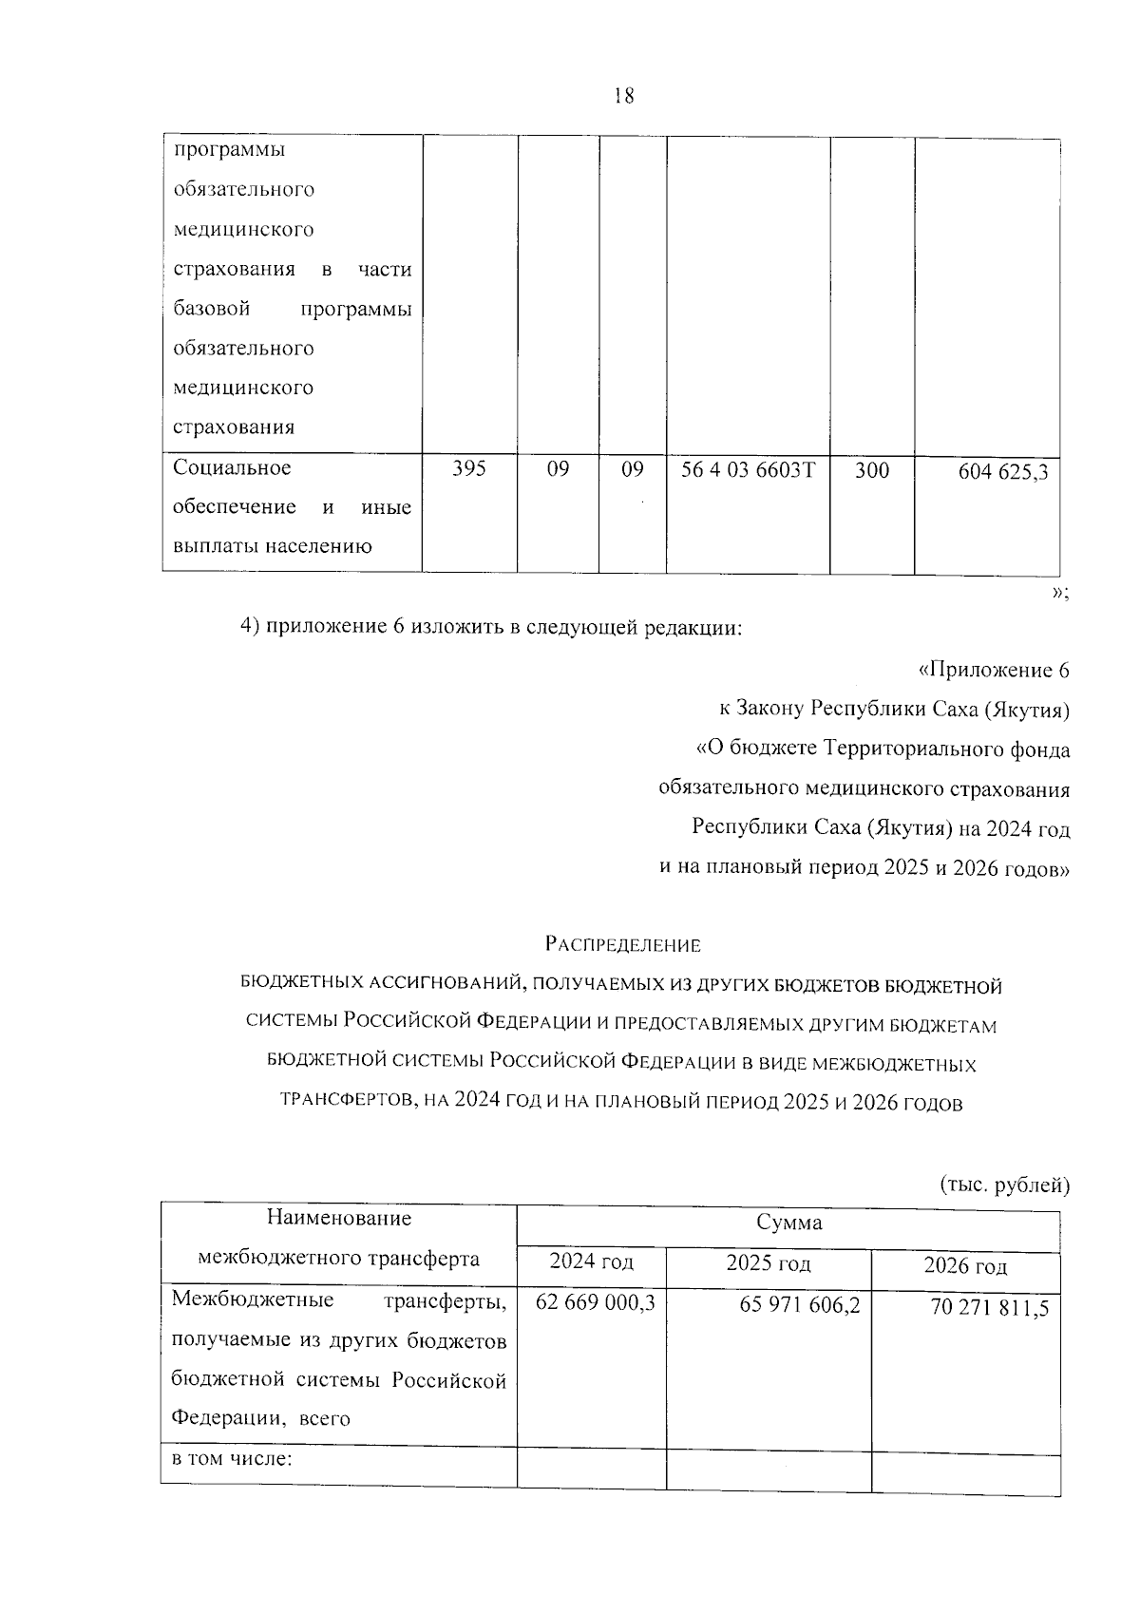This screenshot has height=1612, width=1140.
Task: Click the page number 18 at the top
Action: [624, 96]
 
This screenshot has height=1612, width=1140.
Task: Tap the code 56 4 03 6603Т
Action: [748, 469]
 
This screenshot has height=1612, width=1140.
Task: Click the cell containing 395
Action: [468, 469]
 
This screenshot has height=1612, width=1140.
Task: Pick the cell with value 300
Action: [871, 470]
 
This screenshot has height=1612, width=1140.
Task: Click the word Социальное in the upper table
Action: [232, 468]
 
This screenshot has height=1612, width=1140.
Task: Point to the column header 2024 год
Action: [591, 1262]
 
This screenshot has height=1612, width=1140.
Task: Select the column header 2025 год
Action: [768, 1263]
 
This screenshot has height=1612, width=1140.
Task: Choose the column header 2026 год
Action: [964, 1266]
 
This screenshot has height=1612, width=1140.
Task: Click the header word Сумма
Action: [788, 1223]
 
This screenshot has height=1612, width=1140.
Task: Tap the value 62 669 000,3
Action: [595, 1302]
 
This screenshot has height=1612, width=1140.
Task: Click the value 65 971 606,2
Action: [799, 1305]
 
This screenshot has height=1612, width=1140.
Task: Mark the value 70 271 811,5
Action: [989, 1308]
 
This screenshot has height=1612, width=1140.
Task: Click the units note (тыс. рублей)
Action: [1004, 1185]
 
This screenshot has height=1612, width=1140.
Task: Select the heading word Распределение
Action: [622, 945]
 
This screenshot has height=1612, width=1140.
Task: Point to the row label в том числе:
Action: [231, 1458]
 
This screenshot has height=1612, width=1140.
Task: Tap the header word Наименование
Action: [339, 1218]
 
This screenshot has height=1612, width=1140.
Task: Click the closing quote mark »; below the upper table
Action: [1060, 594]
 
